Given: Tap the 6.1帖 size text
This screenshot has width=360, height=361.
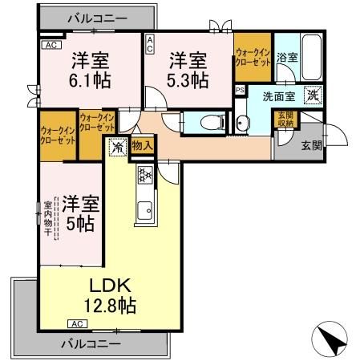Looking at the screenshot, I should [90, 80].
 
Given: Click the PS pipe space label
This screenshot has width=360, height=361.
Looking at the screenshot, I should [239, 90].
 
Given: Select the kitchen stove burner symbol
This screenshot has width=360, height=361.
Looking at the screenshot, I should [146, 175].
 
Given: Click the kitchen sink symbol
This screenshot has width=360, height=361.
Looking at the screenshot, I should [146, 212].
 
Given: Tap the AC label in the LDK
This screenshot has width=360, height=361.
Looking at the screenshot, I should [77, 323].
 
